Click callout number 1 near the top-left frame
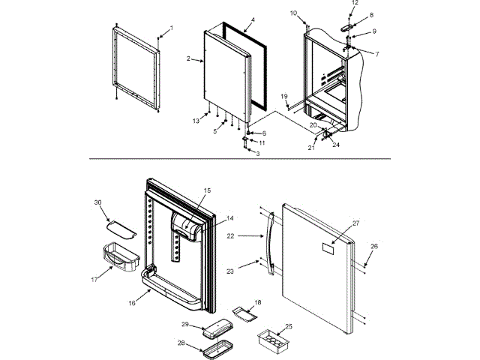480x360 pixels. click(x=171, y=28)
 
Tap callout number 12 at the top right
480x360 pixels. click(x=355, y=3)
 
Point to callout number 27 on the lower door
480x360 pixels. click(x=356, y=223)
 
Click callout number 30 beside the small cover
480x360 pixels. click(x=97, y=202)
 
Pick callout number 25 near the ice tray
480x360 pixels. click(x=289, y=328)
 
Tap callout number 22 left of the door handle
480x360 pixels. click(x=231, y=235)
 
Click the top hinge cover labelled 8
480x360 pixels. click(x=346, y=25)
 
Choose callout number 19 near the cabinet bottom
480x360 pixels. click(x=284, y=96)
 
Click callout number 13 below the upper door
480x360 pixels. click(x=196, y=121)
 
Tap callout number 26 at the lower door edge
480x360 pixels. click(x=375, y=246)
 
